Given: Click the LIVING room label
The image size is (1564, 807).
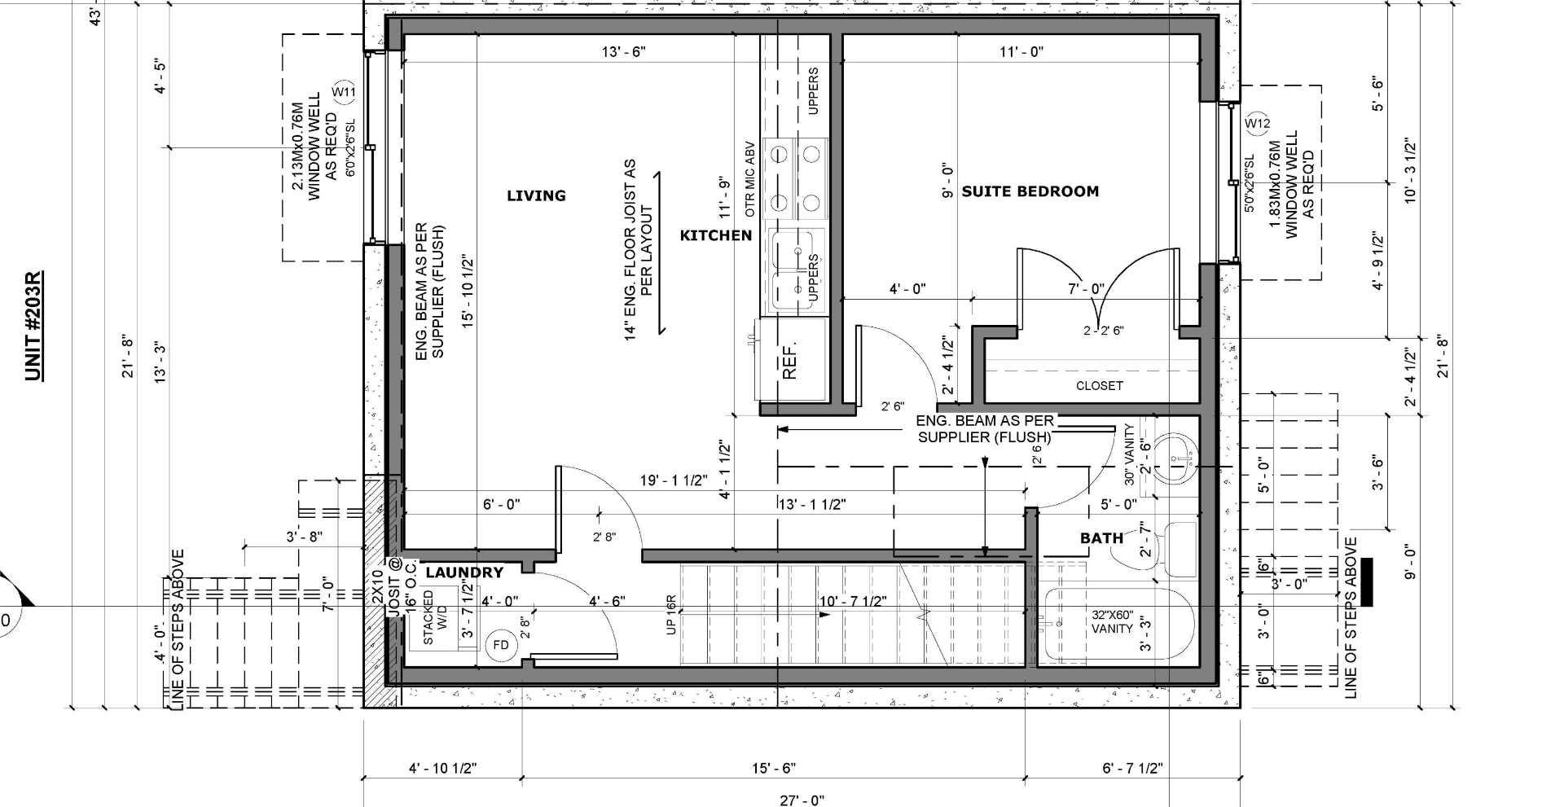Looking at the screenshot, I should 536,195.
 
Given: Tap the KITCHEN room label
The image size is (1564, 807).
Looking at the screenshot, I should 715,235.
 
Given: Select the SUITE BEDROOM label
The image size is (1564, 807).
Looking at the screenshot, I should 1030,191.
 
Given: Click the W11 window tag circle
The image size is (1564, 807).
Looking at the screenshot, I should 344,92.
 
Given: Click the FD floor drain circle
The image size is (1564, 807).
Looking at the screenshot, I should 501,645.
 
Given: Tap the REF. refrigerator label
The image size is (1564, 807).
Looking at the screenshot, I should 789,360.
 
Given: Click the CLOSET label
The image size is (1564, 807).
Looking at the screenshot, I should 1099,385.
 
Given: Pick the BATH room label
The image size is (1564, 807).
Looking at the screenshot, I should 1101,537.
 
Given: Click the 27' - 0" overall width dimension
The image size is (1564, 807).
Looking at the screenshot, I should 801,800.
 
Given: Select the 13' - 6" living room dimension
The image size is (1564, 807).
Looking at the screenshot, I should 623,51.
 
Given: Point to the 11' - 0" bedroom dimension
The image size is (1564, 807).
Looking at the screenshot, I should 1021,51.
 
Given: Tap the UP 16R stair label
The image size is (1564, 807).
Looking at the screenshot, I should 671,615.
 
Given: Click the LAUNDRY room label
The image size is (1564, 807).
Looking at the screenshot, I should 464,572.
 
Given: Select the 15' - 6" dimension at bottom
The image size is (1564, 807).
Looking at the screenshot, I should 773,768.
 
